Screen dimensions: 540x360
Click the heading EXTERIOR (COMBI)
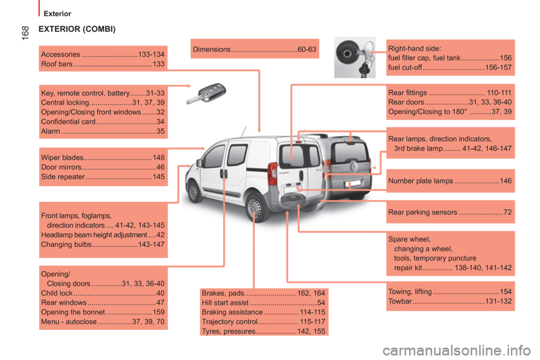coord(77,29)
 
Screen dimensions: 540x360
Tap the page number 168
coord(25,33)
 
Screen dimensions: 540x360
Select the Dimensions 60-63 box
coord(254,49)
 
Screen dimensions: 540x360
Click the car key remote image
coord(206,93)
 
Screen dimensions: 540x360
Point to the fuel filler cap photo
coord(355,57)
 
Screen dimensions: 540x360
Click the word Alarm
coord(51,131)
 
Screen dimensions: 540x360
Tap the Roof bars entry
coord(102,64)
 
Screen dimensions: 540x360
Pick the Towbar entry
coord(450,301)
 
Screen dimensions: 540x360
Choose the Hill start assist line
coord(263,303)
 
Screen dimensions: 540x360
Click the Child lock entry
coord(102,293)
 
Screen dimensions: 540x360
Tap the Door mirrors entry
coord(102,167)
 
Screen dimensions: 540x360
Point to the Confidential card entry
coord(102,121)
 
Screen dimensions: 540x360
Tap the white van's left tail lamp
coord(272,173)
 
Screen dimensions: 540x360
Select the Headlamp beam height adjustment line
coord(102,235)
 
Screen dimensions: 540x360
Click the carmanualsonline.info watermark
coord(457,350)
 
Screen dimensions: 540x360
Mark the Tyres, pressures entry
coord(263,331)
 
